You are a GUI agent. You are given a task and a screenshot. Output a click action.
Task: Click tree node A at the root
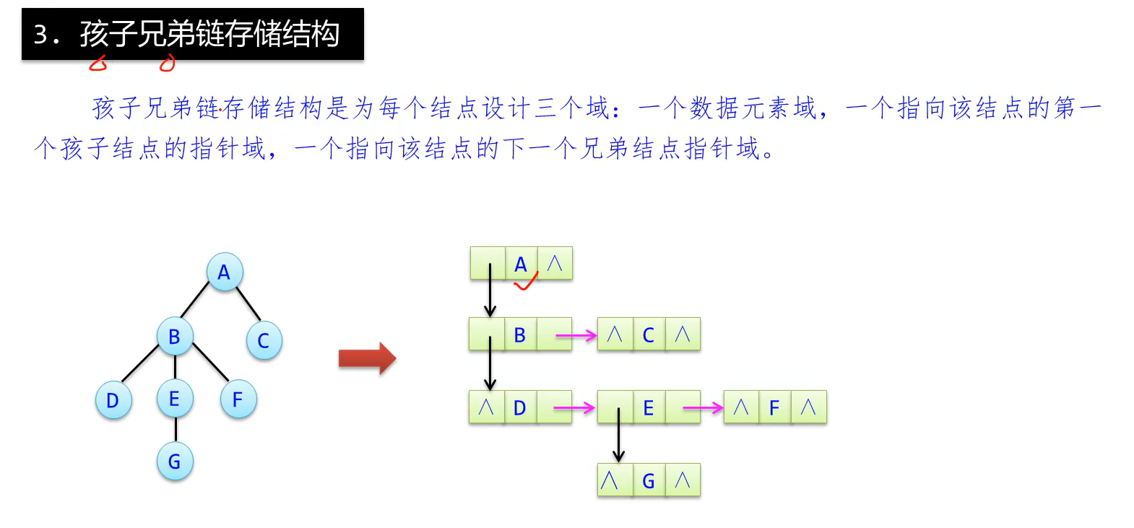click(x=224, y=272)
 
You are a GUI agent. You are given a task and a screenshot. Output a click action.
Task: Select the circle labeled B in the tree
click(x=174, y=337)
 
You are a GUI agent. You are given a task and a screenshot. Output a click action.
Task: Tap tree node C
click(x=264, y=341)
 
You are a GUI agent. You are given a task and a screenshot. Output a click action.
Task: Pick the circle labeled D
click(x=113, y=400)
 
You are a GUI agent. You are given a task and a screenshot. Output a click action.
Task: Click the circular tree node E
click(x=174, y=399)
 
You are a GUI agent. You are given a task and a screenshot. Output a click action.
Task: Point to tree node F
click(x=238, y=399)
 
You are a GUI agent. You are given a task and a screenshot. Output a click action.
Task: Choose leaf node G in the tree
click(x=174, y=462)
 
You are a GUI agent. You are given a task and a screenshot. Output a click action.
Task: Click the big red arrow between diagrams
click(x=367, y=358)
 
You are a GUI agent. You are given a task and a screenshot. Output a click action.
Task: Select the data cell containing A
click(x=521, y=264)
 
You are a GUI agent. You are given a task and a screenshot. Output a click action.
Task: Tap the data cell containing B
click(x=520, y=334)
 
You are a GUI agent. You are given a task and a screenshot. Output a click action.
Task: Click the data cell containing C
click(x=649, y=334)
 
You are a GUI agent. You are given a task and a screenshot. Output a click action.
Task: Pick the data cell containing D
click(x=520, y=408)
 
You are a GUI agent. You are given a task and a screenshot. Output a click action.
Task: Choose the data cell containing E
click(x=649, y=408)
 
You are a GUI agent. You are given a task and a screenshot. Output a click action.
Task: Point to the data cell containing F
click(x=774, y=408)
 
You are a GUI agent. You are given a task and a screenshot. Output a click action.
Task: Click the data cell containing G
click(x=649, y=480)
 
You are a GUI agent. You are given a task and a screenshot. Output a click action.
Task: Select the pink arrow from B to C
click(x=576, y=335)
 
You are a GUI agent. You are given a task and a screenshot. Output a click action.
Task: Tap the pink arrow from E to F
click(x=702, y=409)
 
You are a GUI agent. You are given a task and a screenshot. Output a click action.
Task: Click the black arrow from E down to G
click(x=618, y=436)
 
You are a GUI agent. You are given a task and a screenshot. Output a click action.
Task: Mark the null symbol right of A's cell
click(x=555, y=263)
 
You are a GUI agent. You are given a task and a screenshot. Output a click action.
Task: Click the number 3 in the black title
click(x=41, y=35)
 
